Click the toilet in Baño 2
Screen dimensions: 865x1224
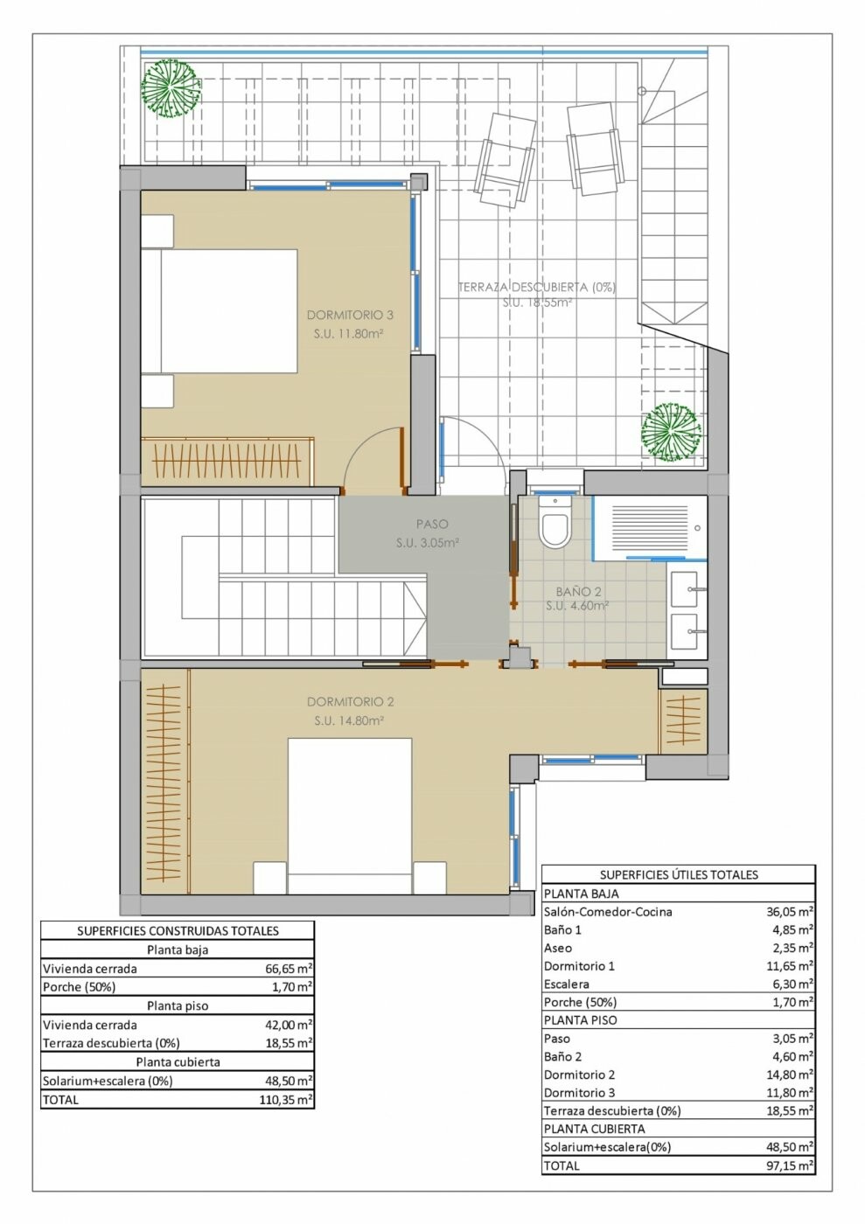click(x=555, y=523)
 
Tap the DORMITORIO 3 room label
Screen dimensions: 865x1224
click(x=350, y=316)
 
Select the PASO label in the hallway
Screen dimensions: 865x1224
click(x=432, y=525)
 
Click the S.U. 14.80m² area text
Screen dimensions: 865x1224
click(x=349, y=720)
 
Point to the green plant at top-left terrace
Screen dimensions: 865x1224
click(x=170, y=89)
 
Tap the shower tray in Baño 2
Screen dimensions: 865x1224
click(x=650, y=527)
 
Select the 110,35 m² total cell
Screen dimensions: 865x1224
click(x=286, y=1100)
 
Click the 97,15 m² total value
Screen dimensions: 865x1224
click(x=790, y=1166)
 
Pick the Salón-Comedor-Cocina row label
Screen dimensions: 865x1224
click(x=608, y=912)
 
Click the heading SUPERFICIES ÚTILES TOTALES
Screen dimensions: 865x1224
click(x=679, y=875)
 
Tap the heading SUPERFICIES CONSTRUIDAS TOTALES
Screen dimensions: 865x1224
click(x=178, y=931)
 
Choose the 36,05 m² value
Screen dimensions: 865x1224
click(x=790, y=912)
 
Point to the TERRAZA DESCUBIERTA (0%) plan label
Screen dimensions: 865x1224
click(x=536, y=288)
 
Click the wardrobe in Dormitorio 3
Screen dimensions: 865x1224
click(x=227, y=462)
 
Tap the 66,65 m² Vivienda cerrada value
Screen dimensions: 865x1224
click(x=288, y=969)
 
